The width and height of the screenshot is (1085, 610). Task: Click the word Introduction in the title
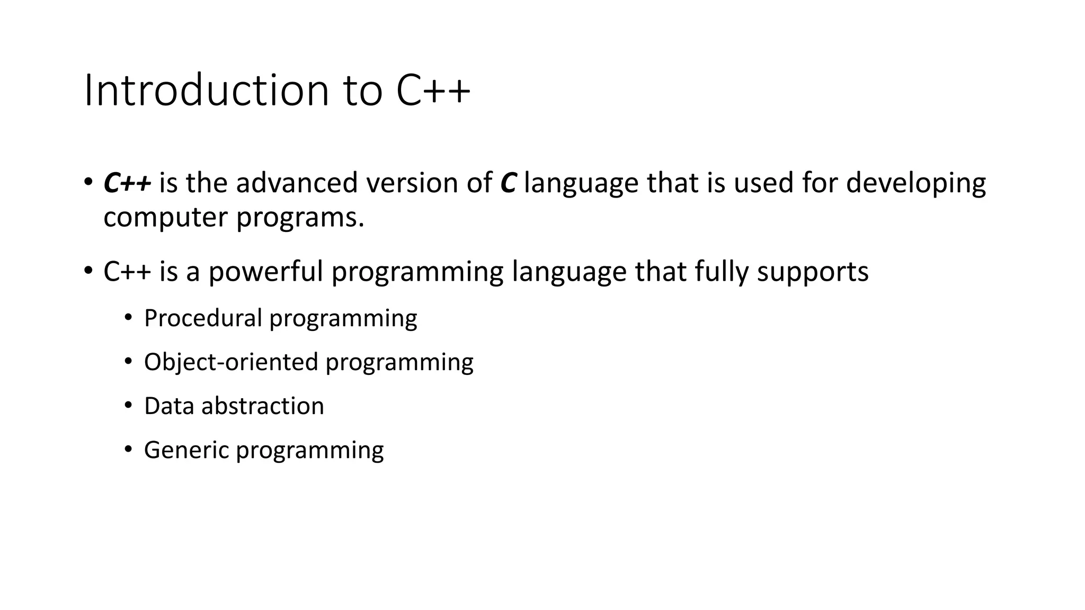[207, 91]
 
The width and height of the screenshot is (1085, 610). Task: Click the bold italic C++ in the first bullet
[127, 183]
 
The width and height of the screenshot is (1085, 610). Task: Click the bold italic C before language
[508, 183]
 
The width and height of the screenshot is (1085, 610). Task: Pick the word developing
[915, 183]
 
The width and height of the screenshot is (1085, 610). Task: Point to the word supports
[813, 272]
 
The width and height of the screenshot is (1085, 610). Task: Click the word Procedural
[203, 318]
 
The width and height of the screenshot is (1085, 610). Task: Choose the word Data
[168, 406]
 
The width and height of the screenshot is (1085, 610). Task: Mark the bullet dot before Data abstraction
[128, 406]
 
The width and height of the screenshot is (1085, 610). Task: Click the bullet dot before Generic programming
[128, 450]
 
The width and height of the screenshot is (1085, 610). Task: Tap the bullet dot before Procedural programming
[128, 318]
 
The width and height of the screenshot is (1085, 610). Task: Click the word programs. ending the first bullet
[300, 218]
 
